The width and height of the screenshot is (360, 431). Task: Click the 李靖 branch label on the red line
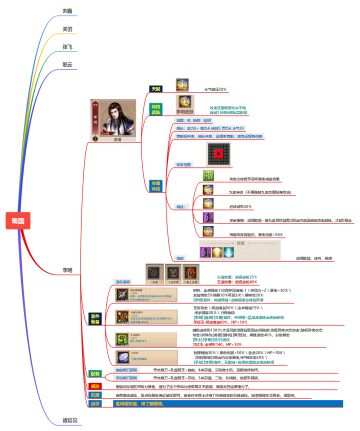pos(67,271)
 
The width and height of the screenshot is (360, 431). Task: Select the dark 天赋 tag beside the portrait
pos(155,88)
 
